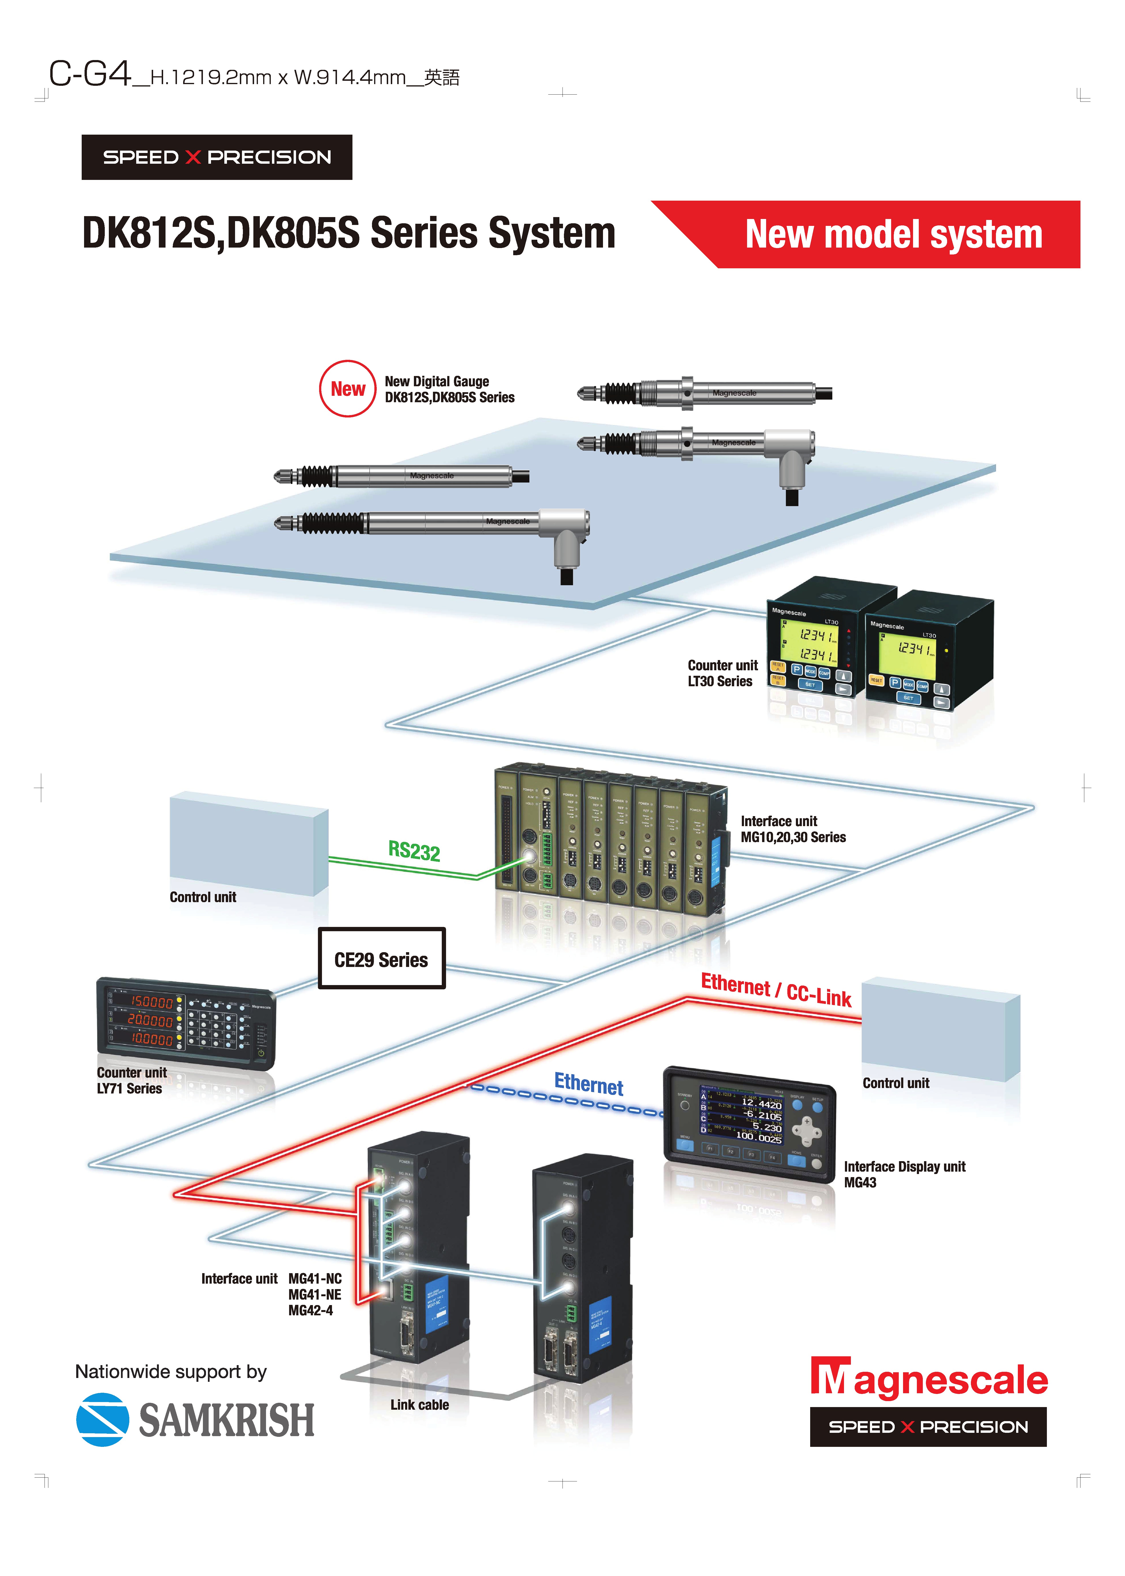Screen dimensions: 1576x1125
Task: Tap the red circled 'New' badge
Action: [x=348, y=389]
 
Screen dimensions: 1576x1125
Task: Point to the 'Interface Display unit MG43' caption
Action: [x=904, y=1174]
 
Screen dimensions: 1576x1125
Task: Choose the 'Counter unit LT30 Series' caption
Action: [x=723, y=673]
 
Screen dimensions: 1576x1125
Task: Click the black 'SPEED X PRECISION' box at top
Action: [x=217, y=157]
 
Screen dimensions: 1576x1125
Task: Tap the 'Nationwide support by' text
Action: [x=171, y=1372]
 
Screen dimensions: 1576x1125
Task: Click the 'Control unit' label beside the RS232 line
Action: [x=203, y=897]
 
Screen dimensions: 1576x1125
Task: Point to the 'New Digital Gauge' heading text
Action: [x=437, y=381]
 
